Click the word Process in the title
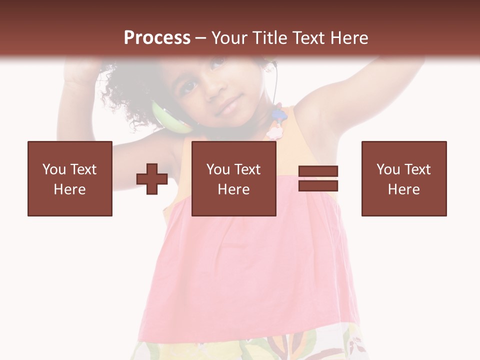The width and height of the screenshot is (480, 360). click(157, 37)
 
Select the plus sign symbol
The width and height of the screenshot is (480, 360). click(152, 179)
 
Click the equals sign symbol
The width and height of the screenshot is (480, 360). click(318, 178)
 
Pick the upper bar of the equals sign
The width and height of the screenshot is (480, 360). click(318, 171)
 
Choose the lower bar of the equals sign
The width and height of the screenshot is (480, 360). click(318, 185)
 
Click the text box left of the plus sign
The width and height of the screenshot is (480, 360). click(70, 178)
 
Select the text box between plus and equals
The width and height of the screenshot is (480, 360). click(234, 178)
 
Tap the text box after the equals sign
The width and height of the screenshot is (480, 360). click(404, 178)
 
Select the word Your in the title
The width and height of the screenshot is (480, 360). click(228, 37)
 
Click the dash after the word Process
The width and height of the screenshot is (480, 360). click(201, 38)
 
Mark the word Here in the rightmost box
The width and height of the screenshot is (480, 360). click(404, 189)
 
